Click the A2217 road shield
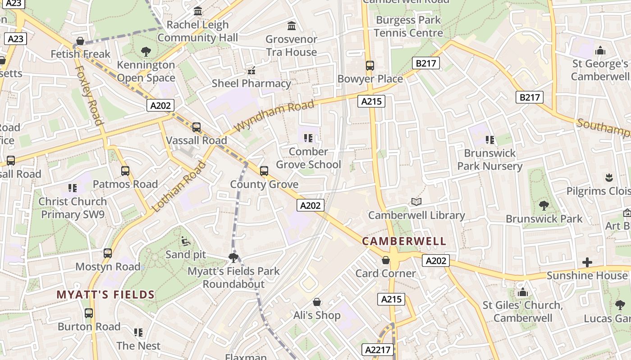click(x=379, y=350)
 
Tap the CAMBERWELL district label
click(x=404, y=241)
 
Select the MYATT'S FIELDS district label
click(x=105, y=295)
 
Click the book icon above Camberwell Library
click(x=416, y=202)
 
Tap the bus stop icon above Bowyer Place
click(x=370, y=66)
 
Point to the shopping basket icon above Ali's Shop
click(x=317, y=302)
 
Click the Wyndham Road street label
click(x=274, y=116)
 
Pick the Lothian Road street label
click(x=179, y=186)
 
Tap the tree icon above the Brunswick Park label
click(x=544, y=206)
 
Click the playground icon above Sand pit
click(x=185, y=242)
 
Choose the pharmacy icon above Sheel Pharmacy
click(x=251, y=71)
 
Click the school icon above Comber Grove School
click(x=308, y=138)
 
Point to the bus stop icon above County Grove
click(x=264, y=171)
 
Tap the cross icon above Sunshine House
click(x=587, y=262)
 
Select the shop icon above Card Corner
click(x=386, y=260)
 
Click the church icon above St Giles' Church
click(x=523, y=292)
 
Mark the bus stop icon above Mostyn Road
click(x=108, y=253)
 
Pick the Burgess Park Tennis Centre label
click(x=408, y=27)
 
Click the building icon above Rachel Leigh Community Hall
click(x=198, y=11)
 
